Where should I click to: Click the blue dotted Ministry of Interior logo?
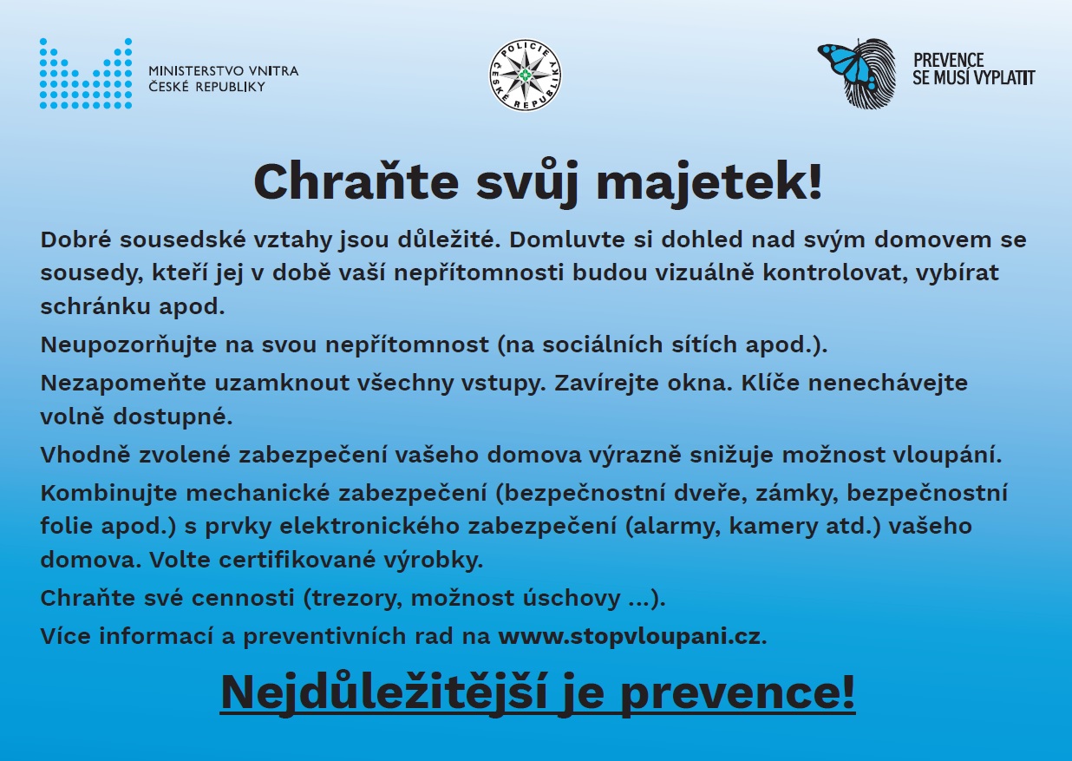click(86, 73)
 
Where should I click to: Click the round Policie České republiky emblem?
click(525, 75)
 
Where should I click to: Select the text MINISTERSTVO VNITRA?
click(224, 71)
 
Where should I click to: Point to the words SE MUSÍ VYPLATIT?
click(973, 77)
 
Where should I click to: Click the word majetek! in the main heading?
click(709, 183)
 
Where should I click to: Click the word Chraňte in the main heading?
click(356, 181)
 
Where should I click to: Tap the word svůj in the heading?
click(527, 184)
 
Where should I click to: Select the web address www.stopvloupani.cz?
click(632, 637)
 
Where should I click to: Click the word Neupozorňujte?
click(128, 344)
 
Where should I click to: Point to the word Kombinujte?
click(109, 493)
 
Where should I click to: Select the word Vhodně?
click(85, 455)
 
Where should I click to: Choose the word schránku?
click(95, 306)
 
